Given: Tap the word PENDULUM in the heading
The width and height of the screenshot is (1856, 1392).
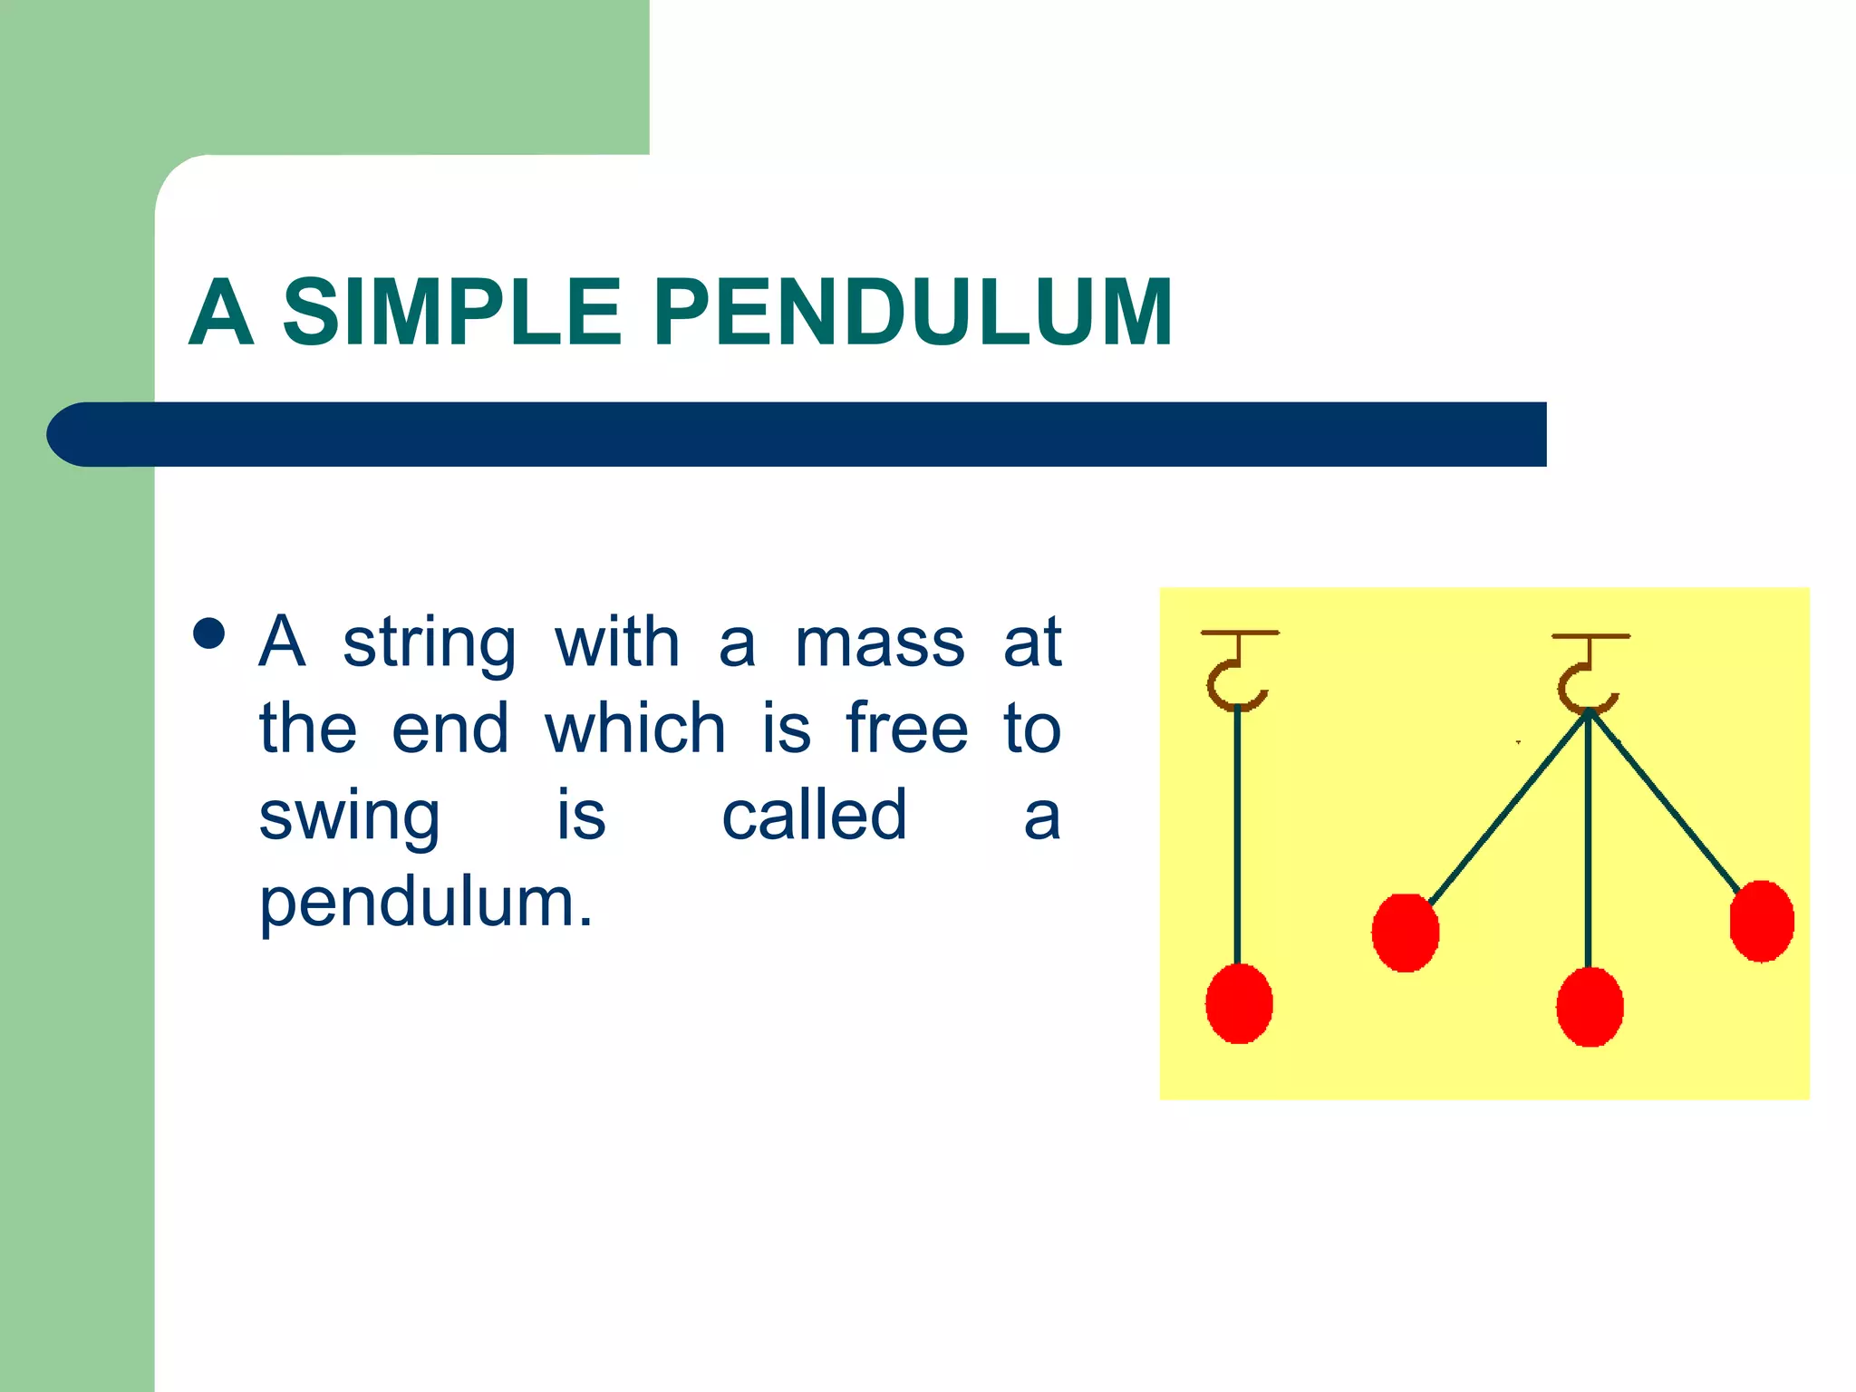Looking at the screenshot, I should point(913,312).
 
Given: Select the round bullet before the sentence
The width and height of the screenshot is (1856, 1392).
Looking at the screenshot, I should point(209,634).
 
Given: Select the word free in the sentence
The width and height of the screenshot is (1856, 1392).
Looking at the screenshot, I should point(907,729).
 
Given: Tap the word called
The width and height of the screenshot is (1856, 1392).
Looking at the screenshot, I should point(814,815).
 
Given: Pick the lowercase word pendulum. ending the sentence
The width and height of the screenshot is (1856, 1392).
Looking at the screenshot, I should point(426,904).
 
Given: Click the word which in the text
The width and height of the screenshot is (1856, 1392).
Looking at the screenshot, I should point(635,729).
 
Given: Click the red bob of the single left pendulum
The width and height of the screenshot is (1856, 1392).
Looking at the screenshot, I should point(1239,1003).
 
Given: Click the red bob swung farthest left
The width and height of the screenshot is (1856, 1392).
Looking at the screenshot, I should point(1405,933).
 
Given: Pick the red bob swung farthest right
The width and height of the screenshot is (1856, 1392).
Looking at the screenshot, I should point(1762,921).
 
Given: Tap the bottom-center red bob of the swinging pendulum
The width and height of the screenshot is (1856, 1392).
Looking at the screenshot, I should point(1590,1007).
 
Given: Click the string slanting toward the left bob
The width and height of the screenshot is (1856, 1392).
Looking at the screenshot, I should point(1507,807).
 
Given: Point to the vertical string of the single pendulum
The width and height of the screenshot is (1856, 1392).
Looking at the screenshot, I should point(1237,834).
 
